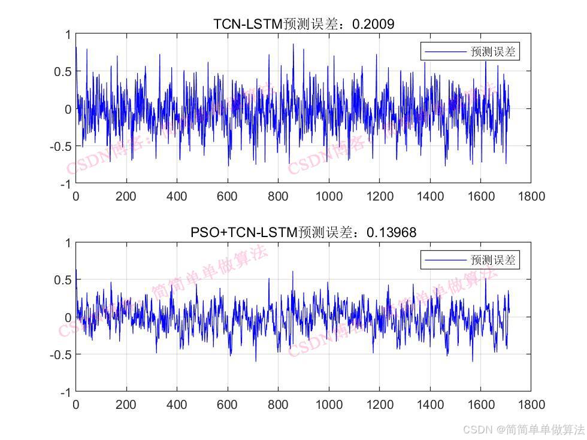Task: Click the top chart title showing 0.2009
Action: [x=303, y=24]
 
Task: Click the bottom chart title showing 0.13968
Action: [x=303, y=232]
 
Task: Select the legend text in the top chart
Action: [x=493, y=52]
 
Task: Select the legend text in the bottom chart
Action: [x=493, y=260]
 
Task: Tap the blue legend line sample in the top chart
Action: [x=445, y=52]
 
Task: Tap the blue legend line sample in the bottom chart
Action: [x=445, y=260]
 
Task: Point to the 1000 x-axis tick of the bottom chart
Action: [x=329, y=404]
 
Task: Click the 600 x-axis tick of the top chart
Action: [x=228, y=196]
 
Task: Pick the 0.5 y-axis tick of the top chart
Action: [x=62, y=72]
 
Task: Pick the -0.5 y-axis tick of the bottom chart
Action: [x=60, y=354]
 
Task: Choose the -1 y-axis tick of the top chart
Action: [x=65, y=184]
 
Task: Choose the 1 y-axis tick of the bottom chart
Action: [x=68, y=243]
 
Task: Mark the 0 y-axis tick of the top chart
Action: [x=68, y=109]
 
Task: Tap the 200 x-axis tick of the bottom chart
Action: [x=126, y=404]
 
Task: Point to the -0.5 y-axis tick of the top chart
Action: [x=60, y=146]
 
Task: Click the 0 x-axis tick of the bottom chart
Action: [x=75, y=404]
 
